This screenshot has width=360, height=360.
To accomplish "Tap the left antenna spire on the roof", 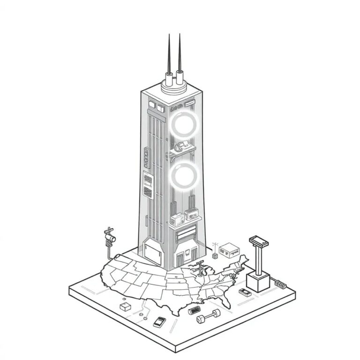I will [168, 56].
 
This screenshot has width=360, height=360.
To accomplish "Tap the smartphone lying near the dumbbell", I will [159, 322].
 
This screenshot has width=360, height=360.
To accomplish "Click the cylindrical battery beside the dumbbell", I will [194, 310].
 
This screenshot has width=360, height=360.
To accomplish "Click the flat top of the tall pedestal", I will [258, 241].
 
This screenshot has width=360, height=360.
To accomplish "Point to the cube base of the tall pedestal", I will [258, 282].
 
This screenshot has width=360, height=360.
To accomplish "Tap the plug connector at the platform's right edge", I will [280, 284].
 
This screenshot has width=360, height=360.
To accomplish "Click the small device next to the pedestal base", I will [244, 292].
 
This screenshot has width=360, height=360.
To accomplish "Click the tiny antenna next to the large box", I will [215, 247].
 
